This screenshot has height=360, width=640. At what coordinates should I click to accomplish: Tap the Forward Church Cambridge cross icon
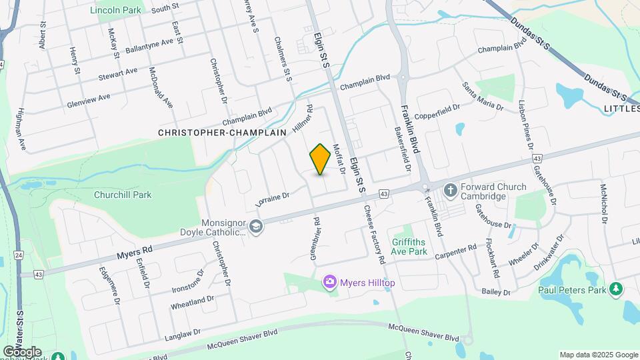(x=450, y=191)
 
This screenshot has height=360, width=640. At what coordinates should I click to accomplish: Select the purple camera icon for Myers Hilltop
(x=329, y=283)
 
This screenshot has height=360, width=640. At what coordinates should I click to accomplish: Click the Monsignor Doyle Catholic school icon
(x=256, y=227)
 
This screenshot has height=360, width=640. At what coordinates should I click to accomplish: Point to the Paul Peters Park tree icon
(x=617, y=289)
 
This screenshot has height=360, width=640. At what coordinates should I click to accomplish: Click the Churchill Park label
(x=123, y=195)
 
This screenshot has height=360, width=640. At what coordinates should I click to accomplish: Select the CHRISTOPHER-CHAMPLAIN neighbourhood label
(x=222, y=133)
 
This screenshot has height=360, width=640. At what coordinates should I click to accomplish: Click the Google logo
(x=22, y=352)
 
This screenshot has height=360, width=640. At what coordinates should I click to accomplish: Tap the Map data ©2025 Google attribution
(x=598, y=355)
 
